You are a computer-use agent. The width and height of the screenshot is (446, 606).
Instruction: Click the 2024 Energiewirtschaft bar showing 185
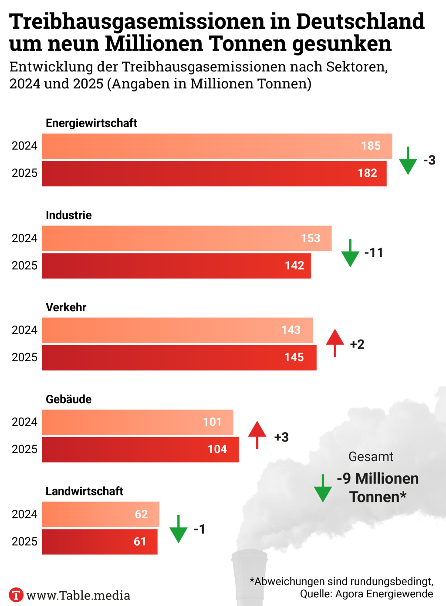[x=217, y=146]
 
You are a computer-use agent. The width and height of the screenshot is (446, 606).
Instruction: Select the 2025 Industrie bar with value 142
[x=176, y=266]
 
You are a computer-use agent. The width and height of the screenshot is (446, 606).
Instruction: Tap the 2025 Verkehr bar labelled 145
[x=179, y=357]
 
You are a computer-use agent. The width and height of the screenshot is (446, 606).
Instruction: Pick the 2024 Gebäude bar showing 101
[x=138, y=422]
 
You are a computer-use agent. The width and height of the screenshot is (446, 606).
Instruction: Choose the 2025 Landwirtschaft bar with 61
[x=100, y=542]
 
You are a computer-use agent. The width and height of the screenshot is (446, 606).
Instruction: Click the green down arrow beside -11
[x=350, y=253]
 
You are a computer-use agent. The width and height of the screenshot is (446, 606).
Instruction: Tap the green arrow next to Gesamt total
[x=323, y=488]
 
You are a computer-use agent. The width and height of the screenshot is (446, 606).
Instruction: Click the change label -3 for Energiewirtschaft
[x=429, y=160]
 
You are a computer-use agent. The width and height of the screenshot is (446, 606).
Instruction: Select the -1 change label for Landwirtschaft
[x=199, y=529]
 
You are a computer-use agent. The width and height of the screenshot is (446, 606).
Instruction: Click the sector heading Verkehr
[x=66, y=307]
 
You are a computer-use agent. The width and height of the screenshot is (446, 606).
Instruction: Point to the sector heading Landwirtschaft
[x=84, y=491]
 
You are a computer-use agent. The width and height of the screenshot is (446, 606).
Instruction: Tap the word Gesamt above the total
[x=371, y=457]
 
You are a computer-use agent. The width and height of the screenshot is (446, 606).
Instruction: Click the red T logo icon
[x=16, y=595]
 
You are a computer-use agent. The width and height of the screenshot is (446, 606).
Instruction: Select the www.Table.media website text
[x=78, y=595]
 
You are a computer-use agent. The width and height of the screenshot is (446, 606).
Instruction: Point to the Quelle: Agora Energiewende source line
[x=366, y=594]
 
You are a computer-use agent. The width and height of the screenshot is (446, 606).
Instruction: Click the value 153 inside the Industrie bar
[x=311, y=239]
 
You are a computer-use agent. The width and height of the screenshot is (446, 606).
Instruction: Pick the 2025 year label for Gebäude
[x=24, y=449]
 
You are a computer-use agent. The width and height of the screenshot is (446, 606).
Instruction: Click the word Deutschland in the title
[x=360, y=21]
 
